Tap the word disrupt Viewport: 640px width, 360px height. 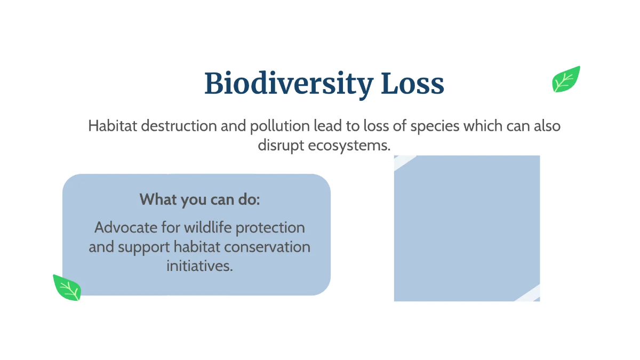[x=281, y=145]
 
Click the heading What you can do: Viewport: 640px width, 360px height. [x=199, y=200]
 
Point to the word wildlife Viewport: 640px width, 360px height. [x=208, y=228]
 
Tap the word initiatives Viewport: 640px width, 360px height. [x=199, y=266]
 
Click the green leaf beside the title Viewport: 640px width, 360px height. [x=566, y=79]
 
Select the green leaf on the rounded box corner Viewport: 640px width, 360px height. [x=67, y=288]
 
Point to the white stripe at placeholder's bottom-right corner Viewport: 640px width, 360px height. [x=530, y=294]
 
